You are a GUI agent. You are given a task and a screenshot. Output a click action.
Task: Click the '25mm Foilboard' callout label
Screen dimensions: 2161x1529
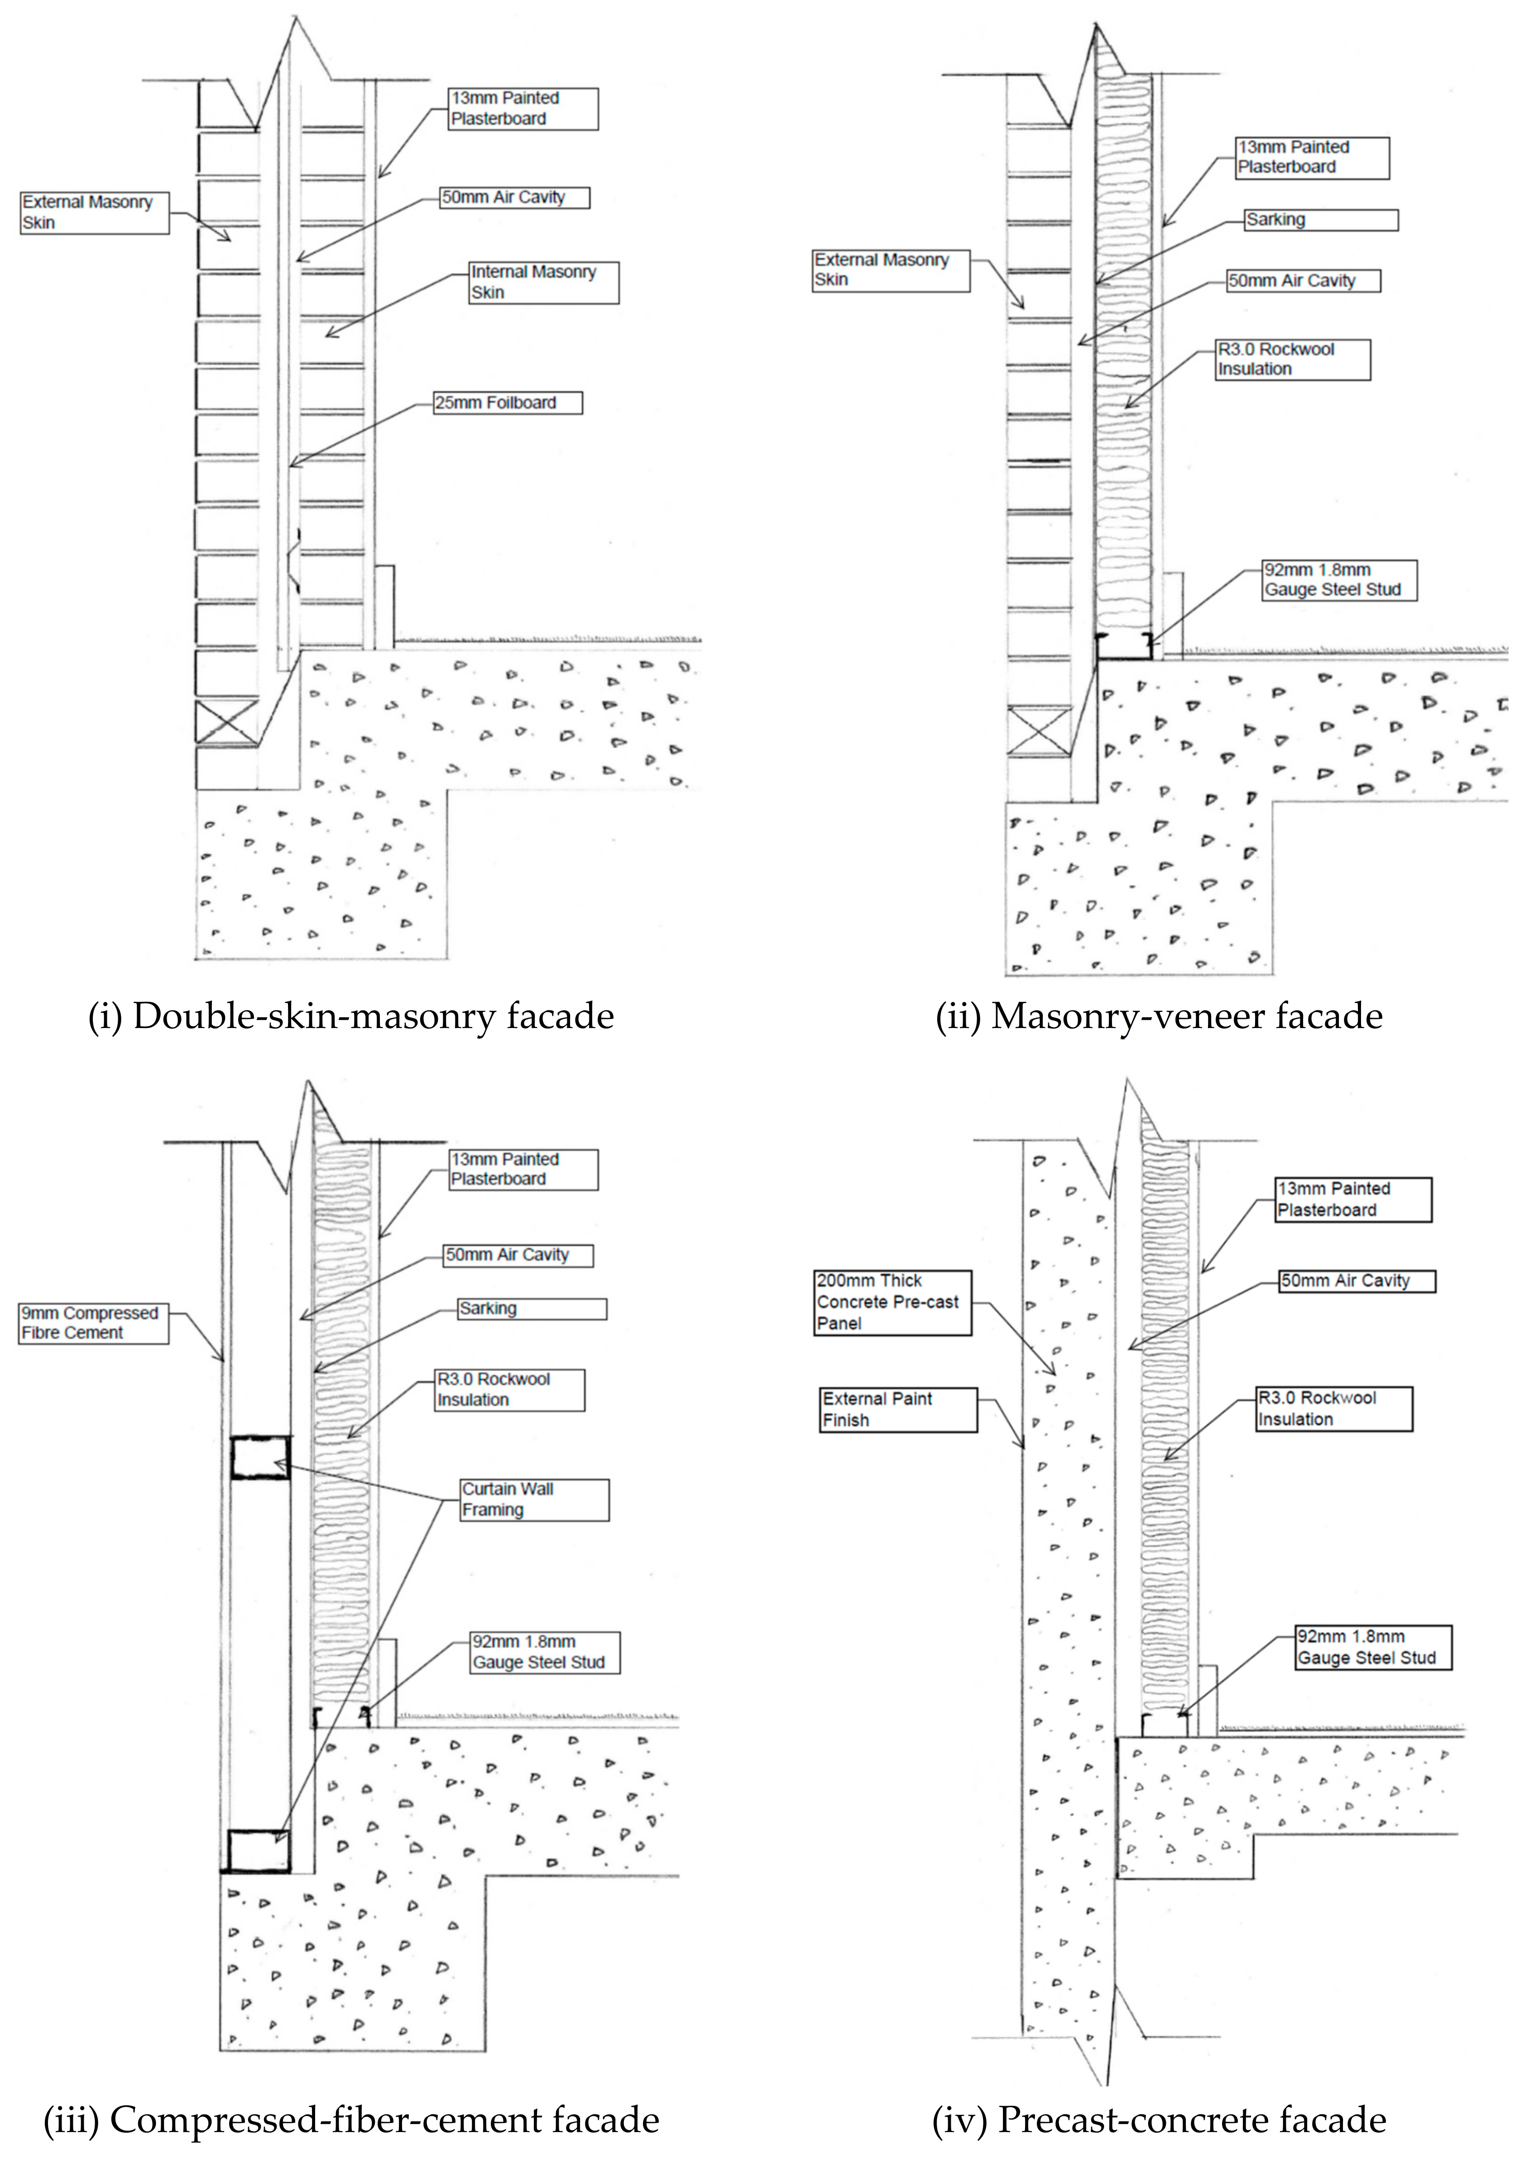(508, 403)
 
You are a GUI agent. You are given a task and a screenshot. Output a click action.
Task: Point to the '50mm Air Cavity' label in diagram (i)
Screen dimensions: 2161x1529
(515, 198)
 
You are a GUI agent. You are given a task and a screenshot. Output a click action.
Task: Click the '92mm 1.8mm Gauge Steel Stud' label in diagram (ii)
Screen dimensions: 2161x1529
(1338, 580)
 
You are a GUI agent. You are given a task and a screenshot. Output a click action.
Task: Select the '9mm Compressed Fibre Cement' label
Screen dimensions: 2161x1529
(93, 1322)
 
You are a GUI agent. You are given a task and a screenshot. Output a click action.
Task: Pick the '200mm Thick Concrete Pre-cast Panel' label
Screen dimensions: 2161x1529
(892, 1302)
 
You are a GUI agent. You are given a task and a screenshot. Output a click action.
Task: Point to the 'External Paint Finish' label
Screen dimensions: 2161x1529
(898, 1409)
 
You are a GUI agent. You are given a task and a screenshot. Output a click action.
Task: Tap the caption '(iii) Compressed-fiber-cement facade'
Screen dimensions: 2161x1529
(351, 2120)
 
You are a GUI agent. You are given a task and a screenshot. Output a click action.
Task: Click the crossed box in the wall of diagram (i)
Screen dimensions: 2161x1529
(226, 723)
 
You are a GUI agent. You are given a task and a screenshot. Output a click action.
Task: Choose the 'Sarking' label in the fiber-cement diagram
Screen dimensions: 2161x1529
(531, 1309)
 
